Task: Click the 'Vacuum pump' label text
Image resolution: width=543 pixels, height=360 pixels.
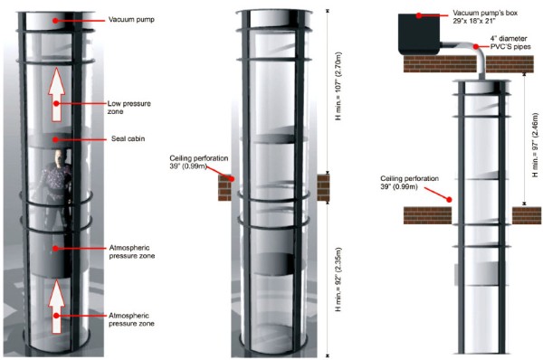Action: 131,19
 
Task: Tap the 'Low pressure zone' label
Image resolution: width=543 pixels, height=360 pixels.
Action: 129,108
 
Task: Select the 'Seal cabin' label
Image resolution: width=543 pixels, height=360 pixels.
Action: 129,138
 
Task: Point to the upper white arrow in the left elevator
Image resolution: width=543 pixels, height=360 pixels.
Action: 56,94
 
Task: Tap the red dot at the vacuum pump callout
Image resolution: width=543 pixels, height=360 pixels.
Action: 55,21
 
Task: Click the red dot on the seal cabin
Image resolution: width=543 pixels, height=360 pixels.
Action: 55,139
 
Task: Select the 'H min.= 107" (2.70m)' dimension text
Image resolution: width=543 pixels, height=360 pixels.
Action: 338,86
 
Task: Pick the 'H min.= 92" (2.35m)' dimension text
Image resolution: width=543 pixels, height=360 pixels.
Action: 338,279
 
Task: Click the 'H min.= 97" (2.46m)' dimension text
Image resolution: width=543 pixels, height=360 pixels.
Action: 535,146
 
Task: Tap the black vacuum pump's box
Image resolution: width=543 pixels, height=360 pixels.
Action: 419,34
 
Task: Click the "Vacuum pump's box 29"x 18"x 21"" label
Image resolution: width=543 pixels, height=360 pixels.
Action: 485,16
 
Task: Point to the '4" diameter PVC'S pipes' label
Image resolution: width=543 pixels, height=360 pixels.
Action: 510,43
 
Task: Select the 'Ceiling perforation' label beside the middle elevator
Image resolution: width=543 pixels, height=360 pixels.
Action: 199,162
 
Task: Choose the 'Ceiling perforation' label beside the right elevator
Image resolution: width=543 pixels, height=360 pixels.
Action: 409,183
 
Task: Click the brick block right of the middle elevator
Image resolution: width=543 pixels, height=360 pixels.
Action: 323,188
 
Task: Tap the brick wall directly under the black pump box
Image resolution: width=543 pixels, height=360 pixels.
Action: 440,63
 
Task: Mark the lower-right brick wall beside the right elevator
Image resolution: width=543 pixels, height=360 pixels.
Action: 527,215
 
